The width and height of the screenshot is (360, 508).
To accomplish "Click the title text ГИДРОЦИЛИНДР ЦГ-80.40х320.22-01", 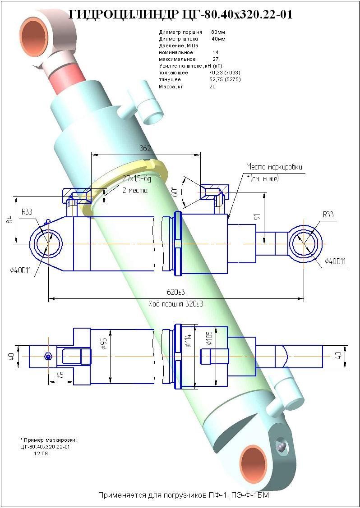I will click(180, 14).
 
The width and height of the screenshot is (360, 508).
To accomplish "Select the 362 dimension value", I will click(145, 148).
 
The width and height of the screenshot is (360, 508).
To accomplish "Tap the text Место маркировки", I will click(274, 167).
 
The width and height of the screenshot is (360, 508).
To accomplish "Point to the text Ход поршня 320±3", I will click(176, 304).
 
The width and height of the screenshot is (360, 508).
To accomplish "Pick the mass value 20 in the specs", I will click(212, 87).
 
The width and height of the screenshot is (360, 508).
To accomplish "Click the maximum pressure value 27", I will click(215, 59).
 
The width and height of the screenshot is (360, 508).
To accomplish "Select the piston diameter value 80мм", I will click(218, 32).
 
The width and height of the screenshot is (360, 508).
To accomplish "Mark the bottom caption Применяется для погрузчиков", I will click(184, 495).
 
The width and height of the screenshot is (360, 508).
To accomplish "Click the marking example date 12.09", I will click(41, 453).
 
